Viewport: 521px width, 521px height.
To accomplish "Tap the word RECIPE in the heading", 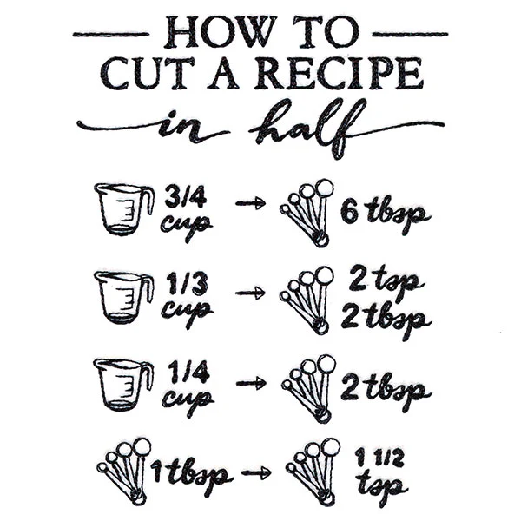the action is coord(340,74).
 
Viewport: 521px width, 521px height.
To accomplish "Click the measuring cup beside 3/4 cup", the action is coord(124,209).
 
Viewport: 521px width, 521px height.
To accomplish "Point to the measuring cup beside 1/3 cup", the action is coord(124,297).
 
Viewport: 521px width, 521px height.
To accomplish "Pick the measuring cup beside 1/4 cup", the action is coord(123,385).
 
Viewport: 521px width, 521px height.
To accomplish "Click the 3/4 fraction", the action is coord(186,197).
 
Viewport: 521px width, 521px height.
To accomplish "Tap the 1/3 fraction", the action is coord(188,283).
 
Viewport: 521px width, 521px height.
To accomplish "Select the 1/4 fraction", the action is coord(188,373).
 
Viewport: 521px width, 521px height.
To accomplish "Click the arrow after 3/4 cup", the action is coord(251,202).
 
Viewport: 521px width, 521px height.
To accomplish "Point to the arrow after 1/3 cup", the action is coord(250,293).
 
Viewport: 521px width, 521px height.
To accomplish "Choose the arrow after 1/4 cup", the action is coord(251,383).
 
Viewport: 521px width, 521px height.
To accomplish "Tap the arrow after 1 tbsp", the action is coord(256,472).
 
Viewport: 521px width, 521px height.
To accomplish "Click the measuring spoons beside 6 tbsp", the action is coord(307,213).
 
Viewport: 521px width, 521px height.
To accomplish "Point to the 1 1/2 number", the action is coord(379,458).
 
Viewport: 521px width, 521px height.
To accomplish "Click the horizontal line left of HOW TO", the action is coord(110,34).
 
